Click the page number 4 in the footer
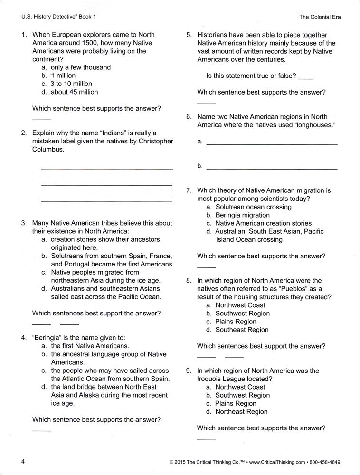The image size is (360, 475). [x=23, y=461]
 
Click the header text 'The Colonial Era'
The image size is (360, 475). [x=320, y=17]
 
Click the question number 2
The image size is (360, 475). [x=23, y=133]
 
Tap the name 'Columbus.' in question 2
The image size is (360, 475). [x=48, y=149]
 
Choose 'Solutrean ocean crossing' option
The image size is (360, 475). [x=253, y=207]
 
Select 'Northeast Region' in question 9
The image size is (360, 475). [x=241, y=411]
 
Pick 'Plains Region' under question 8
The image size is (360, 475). [x=236, y=322]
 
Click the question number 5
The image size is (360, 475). [x=189, y=35]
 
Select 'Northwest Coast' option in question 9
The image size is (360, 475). [x=240, y=387]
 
